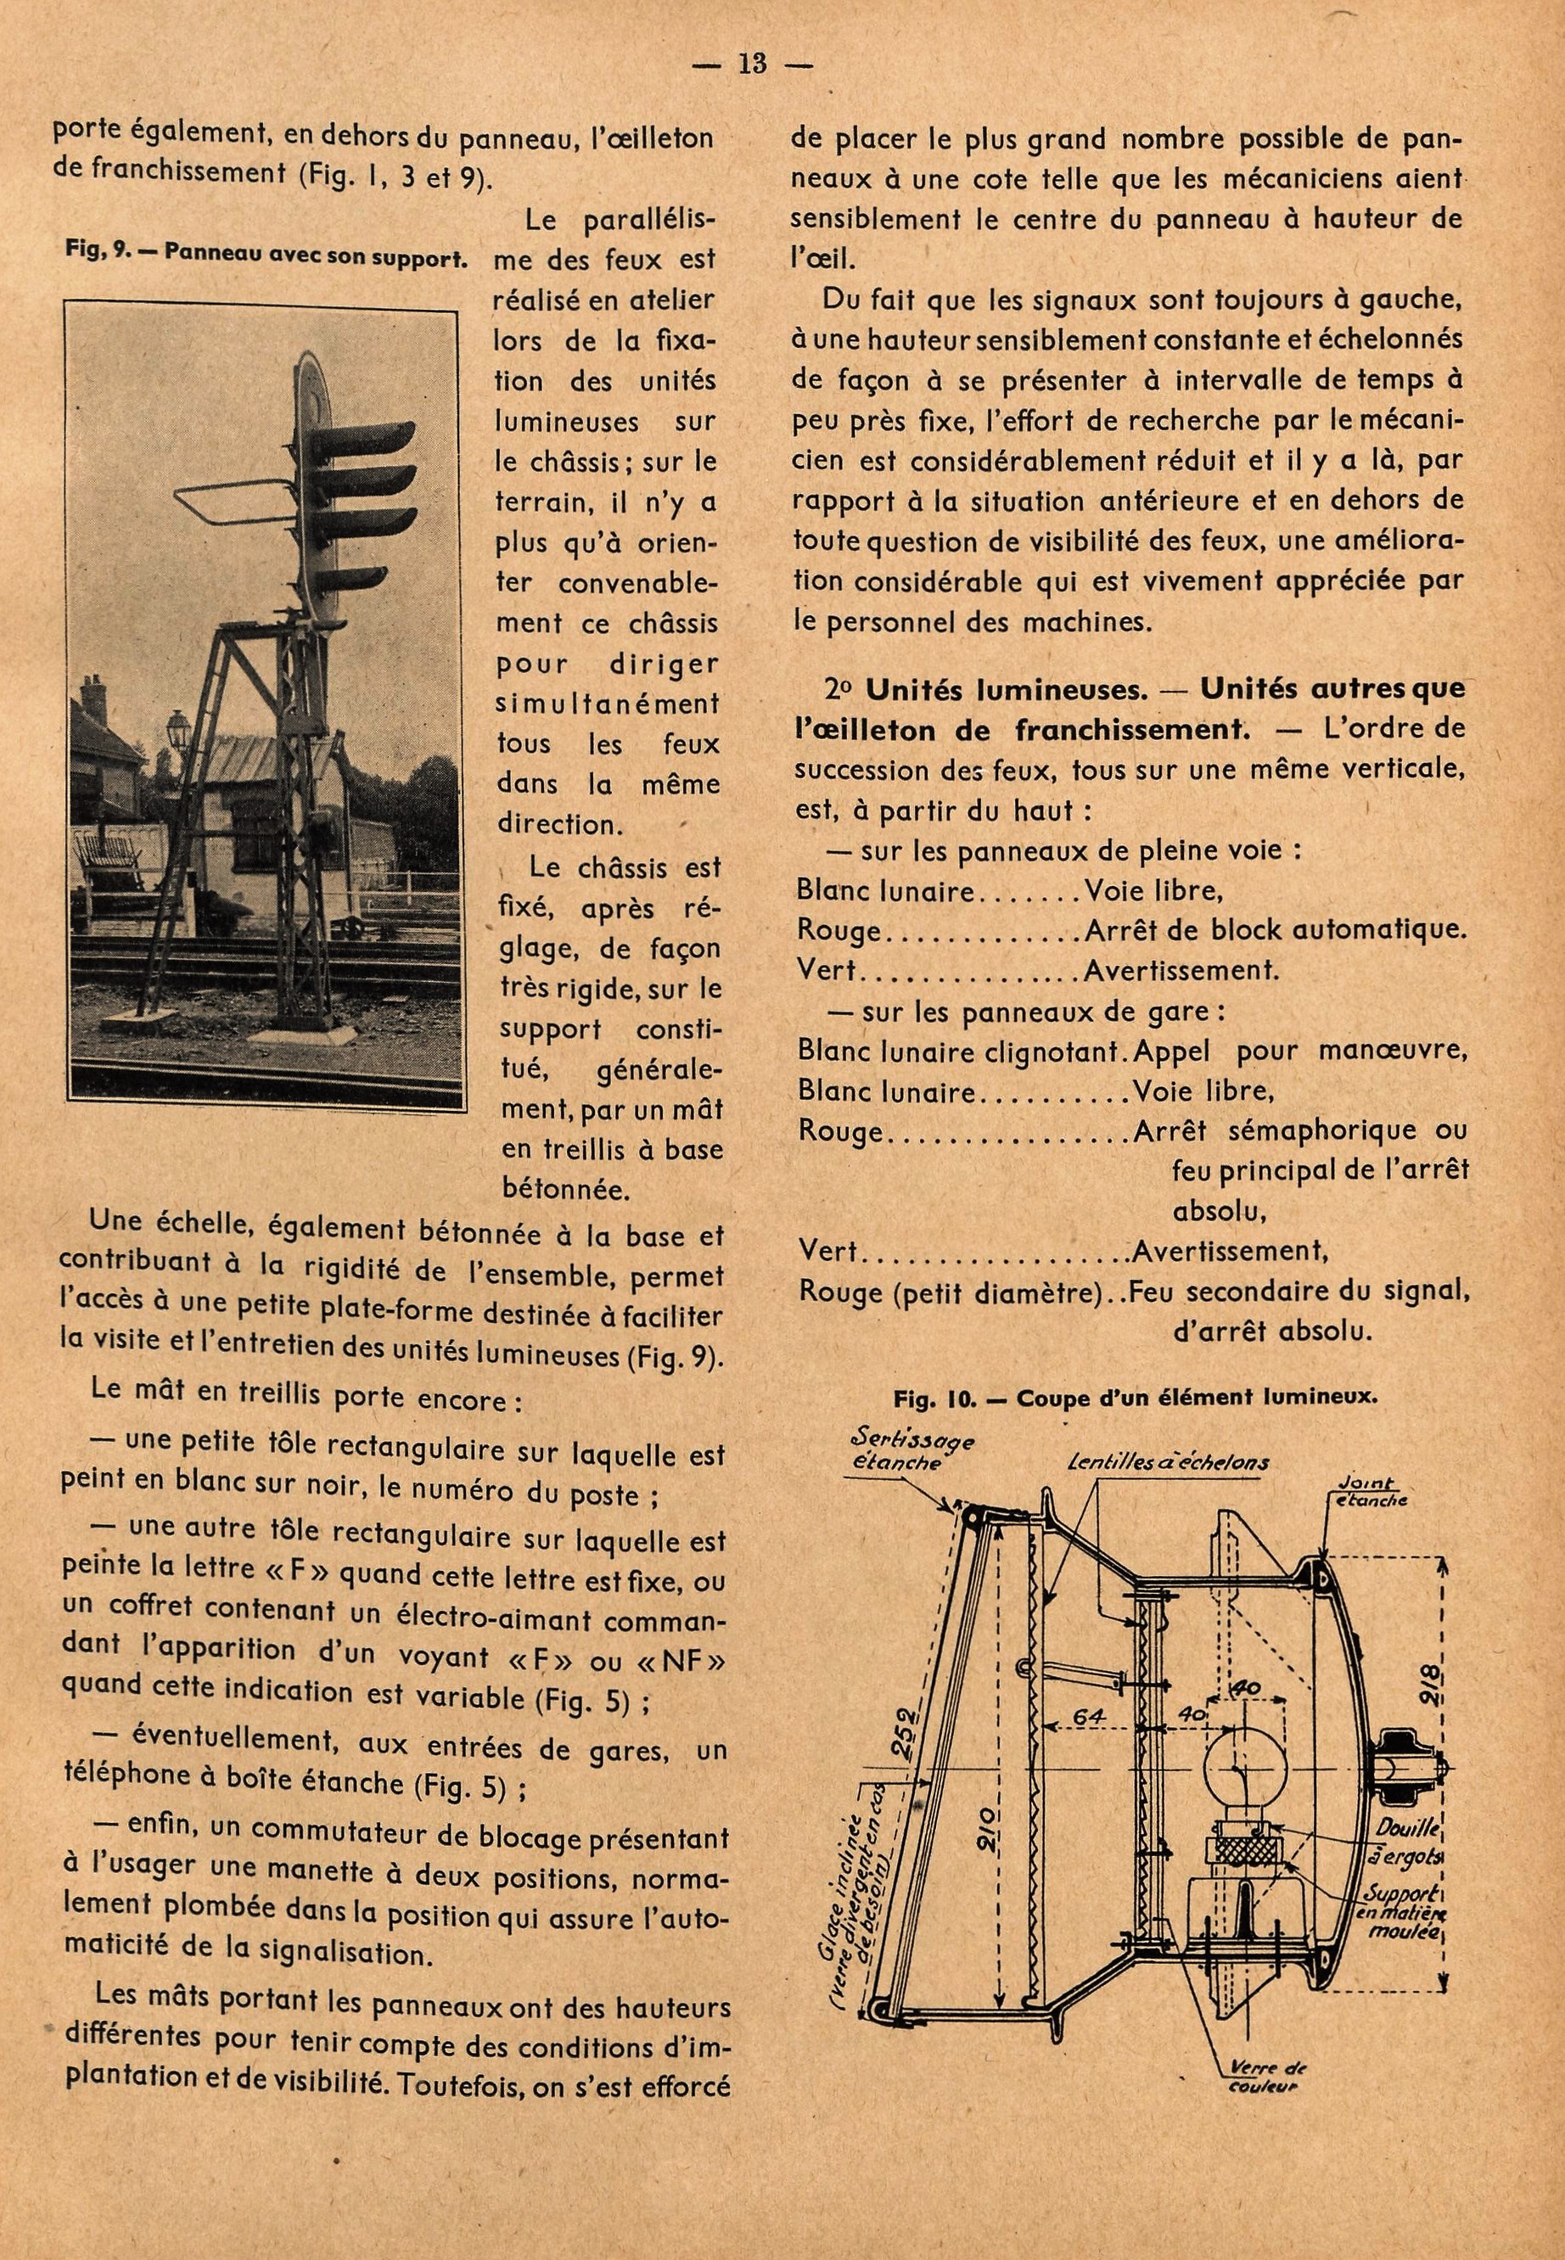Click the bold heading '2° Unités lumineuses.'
tap(984, 690)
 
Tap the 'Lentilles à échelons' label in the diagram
tap(1169, 1462)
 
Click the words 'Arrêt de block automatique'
tap(1275, 930)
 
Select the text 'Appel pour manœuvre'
tap(1300, 1051)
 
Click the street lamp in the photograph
tap(177, 726)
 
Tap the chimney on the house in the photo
tap(93, 697)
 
